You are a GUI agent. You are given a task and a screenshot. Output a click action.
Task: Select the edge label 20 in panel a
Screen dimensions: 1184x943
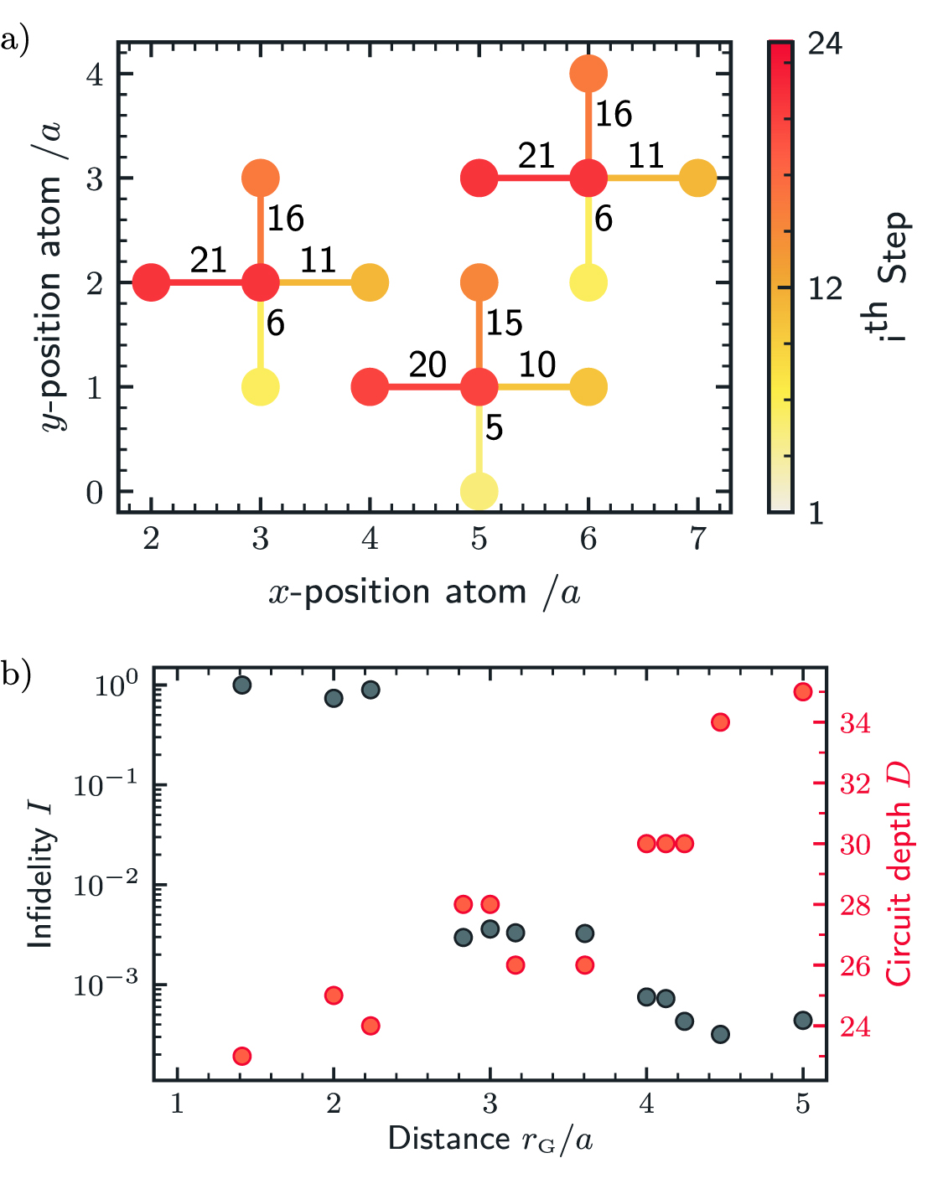click(427, 365)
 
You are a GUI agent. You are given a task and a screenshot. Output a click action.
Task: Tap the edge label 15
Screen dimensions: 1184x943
click(504, 323)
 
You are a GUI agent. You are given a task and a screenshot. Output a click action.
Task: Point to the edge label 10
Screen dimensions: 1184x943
click(536, 365)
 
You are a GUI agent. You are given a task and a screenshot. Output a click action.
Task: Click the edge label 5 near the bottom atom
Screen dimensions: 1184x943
click(494, 427)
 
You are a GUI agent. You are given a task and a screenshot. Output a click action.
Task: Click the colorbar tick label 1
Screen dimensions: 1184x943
click(815, 512)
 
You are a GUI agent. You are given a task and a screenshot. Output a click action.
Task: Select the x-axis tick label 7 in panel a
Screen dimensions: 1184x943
click(697, 539)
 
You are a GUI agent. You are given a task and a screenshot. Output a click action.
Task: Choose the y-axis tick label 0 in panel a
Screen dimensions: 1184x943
click(95, 493)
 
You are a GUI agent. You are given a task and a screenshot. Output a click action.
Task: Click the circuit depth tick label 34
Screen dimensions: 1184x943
click(855, 723)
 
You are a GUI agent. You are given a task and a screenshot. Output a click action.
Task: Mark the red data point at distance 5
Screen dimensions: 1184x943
click(802, 691)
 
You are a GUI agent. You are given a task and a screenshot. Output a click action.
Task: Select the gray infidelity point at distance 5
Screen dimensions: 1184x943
click(802, 1020)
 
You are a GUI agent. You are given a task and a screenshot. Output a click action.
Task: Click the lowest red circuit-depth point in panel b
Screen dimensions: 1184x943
click(241, 1056)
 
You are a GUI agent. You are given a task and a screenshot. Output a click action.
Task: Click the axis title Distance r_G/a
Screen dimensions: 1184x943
click(490, 1140)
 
